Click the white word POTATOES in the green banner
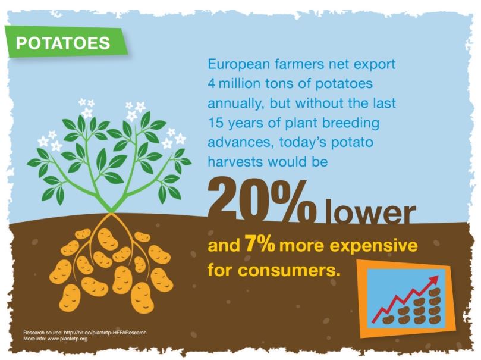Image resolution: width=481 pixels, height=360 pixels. pos(63,43)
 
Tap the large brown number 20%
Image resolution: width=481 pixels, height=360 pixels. pos(262,202)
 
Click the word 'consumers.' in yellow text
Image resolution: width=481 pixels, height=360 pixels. pos(290,270)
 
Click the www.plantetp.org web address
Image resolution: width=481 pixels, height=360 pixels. pos(68,339)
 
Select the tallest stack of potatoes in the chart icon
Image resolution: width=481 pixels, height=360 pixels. pos(435,306)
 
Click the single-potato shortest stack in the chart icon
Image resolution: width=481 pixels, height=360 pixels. pos(388,320)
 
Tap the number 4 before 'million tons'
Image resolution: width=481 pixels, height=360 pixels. pos(211,84)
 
